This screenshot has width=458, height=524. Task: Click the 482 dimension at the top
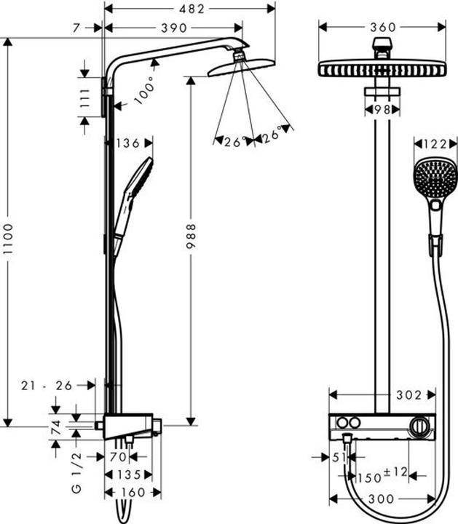click(192, 9)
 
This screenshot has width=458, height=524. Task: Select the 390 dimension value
click(174, 28)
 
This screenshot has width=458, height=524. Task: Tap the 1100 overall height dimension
click(8, 239)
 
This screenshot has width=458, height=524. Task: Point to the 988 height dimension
click(191, 236)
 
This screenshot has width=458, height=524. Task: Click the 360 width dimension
click(383, 27)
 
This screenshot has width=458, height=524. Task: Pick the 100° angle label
click(144, 90)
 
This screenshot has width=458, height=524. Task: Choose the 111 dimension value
click(85, 98)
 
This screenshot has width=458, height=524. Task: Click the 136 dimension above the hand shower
click(128, 143)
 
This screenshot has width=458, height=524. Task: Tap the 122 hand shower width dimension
click(435, 144)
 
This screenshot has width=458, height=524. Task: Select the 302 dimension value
click(409, 395)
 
